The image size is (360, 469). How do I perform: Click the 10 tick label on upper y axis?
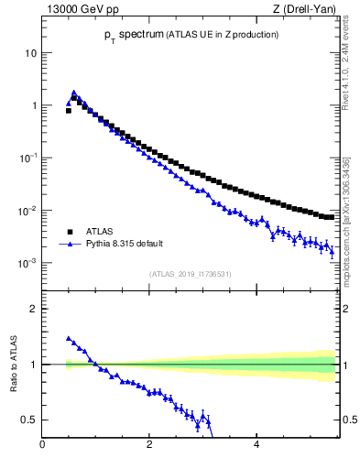point(29,52)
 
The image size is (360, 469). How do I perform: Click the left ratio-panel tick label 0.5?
point(28,420)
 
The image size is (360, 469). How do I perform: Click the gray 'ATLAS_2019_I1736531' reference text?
point(191,274)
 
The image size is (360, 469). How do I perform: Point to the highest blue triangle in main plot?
point(74,93)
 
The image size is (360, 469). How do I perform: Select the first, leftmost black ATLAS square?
point(69,110)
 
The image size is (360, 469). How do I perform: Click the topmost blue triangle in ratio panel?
point(69,338)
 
